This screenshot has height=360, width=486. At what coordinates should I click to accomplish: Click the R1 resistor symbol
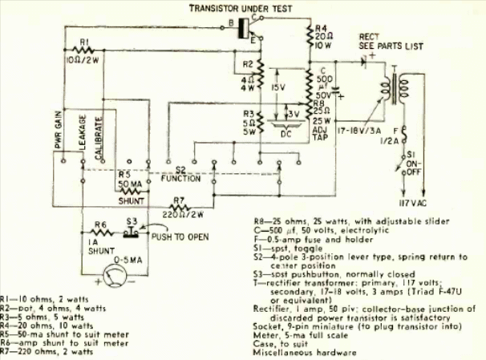click(x=83, y=50)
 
